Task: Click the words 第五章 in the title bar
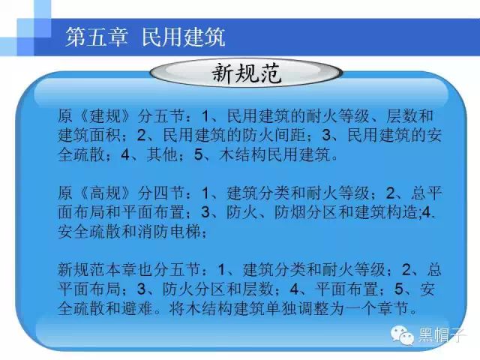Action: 97,37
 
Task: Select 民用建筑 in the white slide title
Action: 184,37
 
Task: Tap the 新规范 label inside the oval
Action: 247,73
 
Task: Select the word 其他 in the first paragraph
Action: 162,154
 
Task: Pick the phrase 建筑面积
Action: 89,135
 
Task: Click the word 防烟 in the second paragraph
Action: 289,212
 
